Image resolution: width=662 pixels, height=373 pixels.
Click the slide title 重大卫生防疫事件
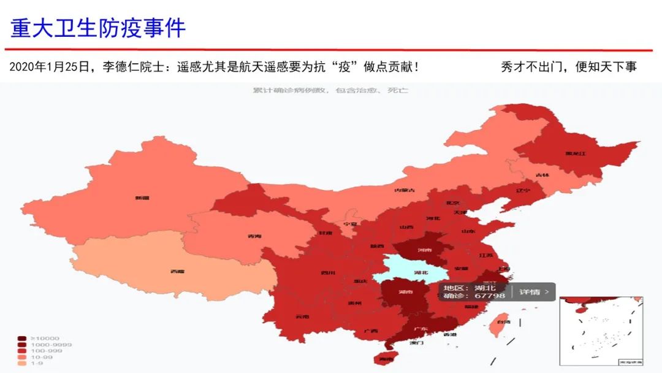(98, 28)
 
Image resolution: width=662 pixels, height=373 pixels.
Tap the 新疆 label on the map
(142, 198)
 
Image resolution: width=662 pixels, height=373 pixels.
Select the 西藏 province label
(178, 271)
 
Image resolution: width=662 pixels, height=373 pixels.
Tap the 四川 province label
(328, 273)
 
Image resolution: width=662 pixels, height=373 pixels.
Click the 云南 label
(302, 317)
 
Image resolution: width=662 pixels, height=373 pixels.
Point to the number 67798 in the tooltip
(490, 296)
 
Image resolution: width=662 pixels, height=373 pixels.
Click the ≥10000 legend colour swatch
(21, 339)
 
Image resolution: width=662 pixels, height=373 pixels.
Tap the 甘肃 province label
(325, 233)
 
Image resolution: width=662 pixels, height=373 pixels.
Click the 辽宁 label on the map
(523, 191)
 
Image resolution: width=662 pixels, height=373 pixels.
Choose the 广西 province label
(370, 331)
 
